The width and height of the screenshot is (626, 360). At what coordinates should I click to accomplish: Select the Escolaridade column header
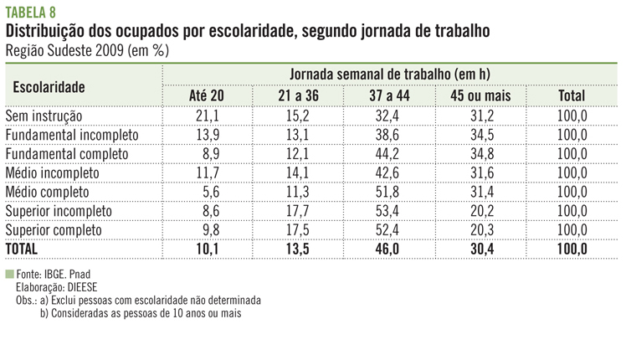click(49, 86)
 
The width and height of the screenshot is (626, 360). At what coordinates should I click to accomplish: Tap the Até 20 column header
click(207, 96)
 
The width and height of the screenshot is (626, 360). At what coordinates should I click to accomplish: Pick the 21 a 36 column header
click(299, 96)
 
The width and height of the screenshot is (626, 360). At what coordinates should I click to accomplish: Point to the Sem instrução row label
click(44, 116)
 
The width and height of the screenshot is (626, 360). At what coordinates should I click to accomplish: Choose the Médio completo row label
click(52, 192)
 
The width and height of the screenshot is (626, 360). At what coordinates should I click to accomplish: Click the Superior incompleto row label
click(58, 211)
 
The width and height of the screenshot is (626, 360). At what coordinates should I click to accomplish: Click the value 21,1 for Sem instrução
click(207, 116)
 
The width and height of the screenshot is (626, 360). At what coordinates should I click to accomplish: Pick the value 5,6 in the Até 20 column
click(210, 192)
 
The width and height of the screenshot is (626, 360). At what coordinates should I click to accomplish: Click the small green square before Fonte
click(9, 274)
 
